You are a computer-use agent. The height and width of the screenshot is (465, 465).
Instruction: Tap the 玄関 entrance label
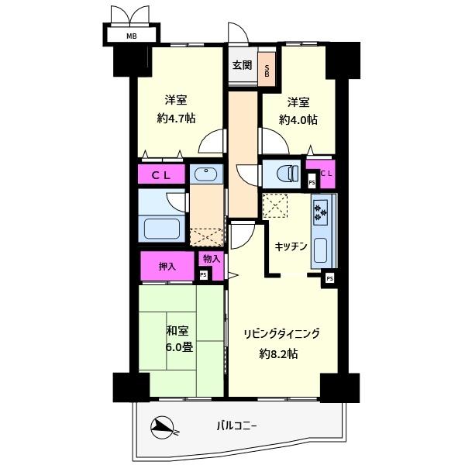click(242, 65)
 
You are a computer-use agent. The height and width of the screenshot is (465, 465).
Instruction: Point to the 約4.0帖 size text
click(298, 120)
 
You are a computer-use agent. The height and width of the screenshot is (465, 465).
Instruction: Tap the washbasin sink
click(205, 173)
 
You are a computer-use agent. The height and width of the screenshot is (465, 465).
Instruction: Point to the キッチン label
click(291, 246)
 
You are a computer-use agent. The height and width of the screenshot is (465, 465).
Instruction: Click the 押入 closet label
click(167, 267)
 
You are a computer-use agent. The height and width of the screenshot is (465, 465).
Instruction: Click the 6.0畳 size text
click(179, 346)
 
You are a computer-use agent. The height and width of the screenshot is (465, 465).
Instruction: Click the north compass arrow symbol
click(165, 426)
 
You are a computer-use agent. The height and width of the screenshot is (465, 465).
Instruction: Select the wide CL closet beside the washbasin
click(162, 174)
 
